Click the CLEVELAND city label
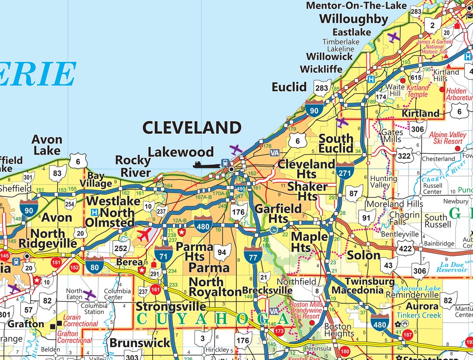[192, 127]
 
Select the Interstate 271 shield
[345, 169]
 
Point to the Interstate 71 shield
[164, 253]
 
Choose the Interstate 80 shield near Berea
[94, 264]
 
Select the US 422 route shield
[405, 249]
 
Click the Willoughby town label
[353, 19]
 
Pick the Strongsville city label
[171, 306]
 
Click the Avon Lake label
[47, 144]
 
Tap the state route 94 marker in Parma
[222, 252]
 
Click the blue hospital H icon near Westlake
[95, 212]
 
